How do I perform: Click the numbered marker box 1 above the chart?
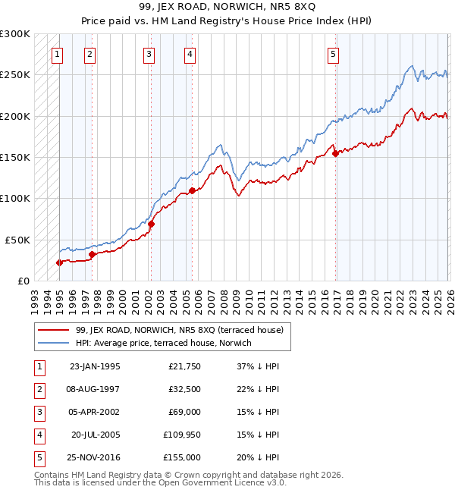click(58, 54)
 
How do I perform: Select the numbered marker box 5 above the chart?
click(333, 54)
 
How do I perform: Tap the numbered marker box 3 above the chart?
click(149, 54)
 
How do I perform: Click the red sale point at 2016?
click(335, 154)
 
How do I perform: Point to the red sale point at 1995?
click(59, 262)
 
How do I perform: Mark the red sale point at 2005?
click(192, 190)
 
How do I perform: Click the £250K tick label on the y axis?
click(14, 75)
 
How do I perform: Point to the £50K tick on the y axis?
click(17, 240)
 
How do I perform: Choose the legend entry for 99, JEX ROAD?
click(179, 330)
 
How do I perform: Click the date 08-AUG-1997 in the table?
click(95, 389)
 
